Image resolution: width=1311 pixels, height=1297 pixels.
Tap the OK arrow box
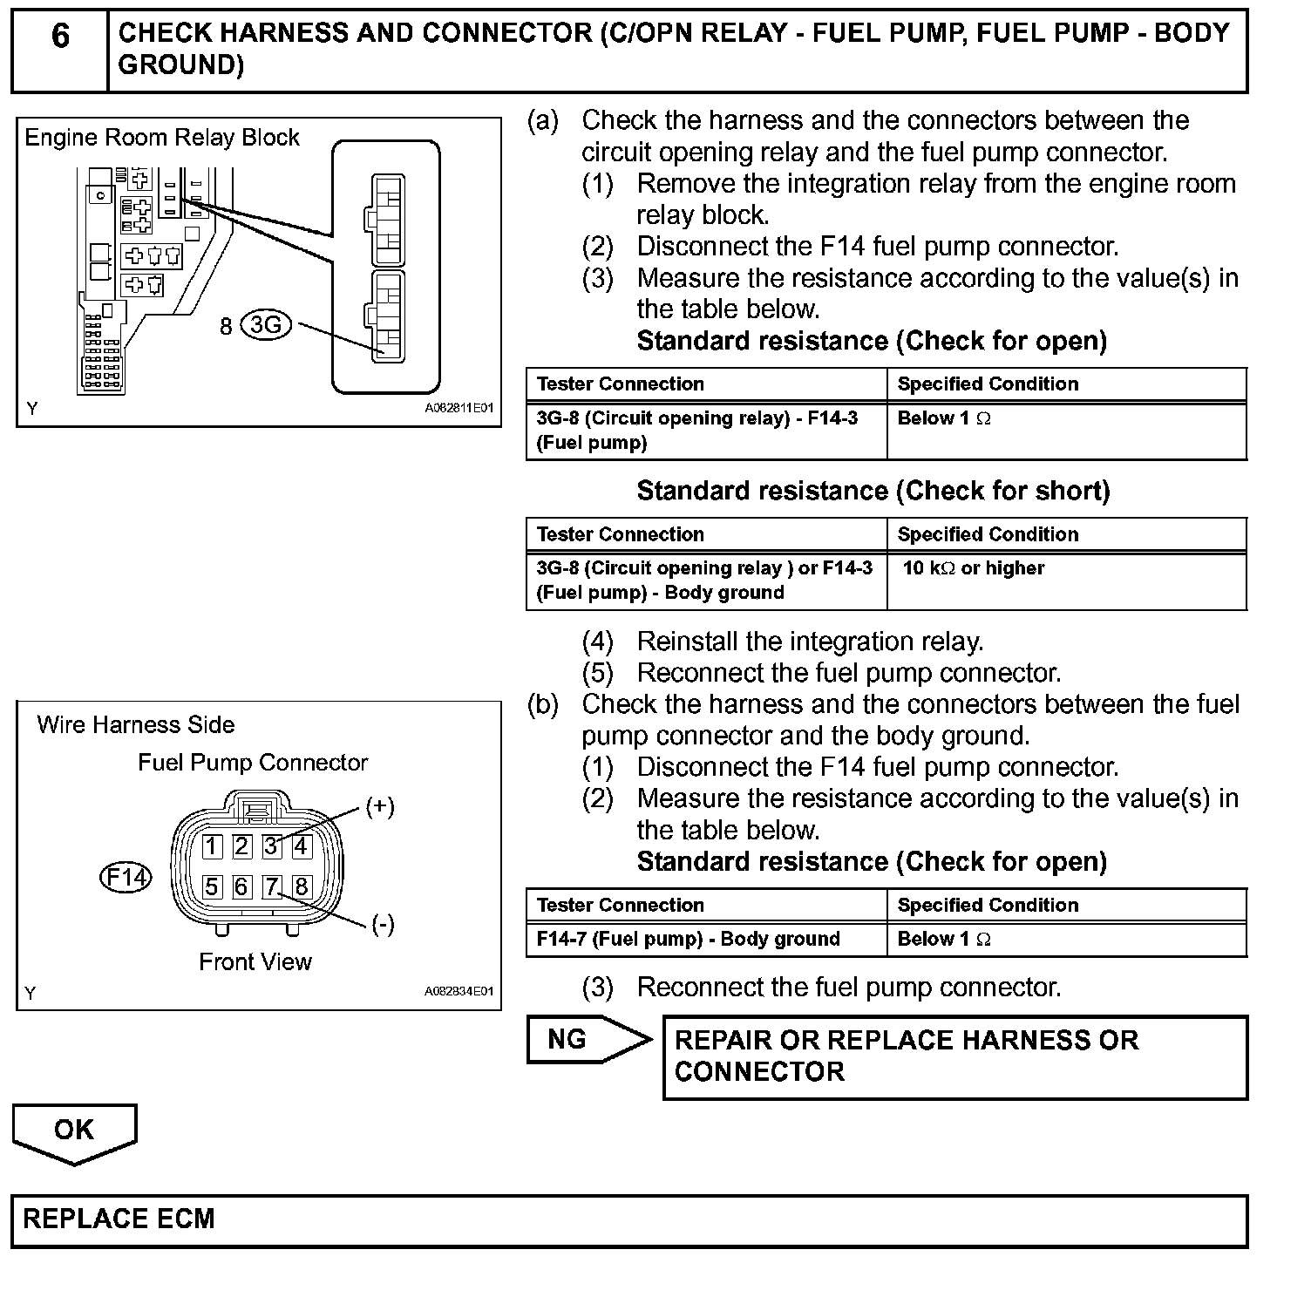click(x=74, y=1131)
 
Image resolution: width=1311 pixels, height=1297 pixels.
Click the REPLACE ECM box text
click(x=119, y=1219)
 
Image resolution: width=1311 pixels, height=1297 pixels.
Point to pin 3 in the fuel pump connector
click(x=272, y=845)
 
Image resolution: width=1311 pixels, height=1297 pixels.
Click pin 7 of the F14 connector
click(x=272, y=886)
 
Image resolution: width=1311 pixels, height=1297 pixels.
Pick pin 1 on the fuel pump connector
click(x=212, y=845)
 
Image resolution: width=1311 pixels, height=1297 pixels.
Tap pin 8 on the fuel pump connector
click(x=302, y=886)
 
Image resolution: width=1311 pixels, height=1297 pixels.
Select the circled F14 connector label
click(x=126, y=876)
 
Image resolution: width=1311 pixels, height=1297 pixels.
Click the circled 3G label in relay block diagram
click(x=265, y=325)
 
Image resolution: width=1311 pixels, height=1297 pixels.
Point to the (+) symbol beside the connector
click(x=379, y=806)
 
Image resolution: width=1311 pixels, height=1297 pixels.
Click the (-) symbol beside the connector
click(x=382, y=924)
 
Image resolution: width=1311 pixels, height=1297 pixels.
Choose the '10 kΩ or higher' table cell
click(x=973, y=568)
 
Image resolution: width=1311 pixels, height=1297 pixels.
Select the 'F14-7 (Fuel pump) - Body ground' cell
click(x=689, y=939)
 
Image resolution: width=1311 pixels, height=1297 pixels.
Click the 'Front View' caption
click(x=255, y=961)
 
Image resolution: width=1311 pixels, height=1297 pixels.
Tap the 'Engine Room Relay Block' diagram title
click(x=161, y=138)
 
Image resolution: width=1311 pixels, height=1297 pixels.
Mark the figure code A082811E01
click(x=459, y=408)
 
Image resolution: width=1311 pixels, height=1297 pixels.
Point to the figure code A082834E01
click(x=459, y=992)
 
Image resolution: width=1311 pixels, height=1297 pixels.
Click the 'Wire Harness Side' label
click(x=136, y=725)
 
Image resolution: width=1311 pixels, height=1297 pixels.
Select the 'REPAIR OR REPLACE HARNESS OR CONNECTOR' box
click(x=954, y=1056)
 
